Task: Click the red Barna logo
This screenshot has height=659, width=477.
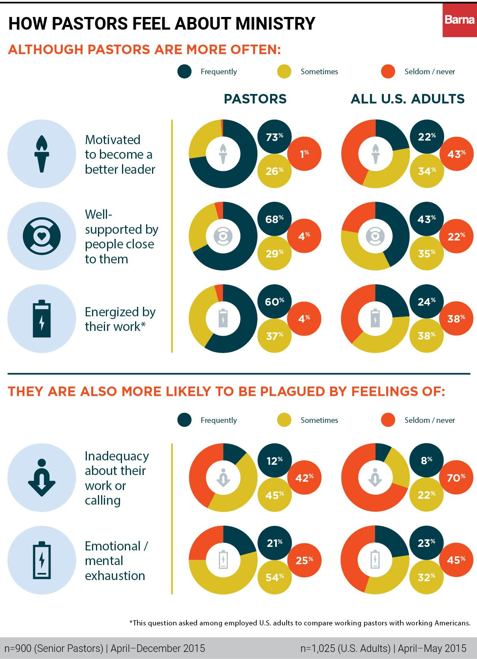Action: pyautogui.click(x=459, y=20)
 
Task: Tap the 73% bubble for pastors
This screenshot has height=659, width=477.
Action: pyautogui.click(x=274, y=137)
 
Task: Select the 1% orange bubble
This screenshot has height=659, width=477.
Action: pyautogui.click(x=304, y=154)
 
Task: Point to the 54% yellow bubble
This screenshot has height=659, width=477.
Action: pyautogui.click(x=274, y=577)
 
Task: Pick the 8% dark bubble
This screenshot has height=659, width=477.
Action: pyautogui.click(x=426, y=460)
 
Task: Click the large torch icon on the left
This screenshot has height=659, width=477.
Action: pyautogui.click(x=41, y=154)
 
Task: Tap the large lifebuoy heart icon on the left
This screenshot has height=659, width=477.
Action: pyautogui.click(x=41, y=236)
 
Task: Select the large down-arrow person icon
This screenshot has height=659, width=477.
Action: pyautogui.click(x=41, y=477)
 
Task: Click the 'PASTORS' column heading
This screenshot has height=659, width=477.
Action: pyautogui.click(x=255, y=99)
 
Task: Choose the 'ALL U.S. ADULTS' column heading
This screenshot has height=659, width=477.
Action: pyautogui.click(x=408, y=99)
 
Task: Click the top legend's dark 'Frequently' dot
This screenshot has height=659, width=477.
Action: pyautogui.click(x=184, y=71)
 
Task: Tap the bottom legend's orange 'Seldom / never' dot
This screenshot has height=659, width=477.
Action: pyautogui.click(x=388, y=420)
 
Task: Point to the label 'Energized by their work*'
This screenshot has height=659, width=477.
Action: pyautogui.click(x=120, y=319)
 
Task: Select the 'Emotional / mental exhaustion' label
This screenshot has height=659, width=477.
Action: pyautogui.click(x=116, y=561)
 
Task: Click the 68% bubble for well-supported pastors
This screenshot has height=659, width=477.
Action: pyautogui.click(x=274, y=219)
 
